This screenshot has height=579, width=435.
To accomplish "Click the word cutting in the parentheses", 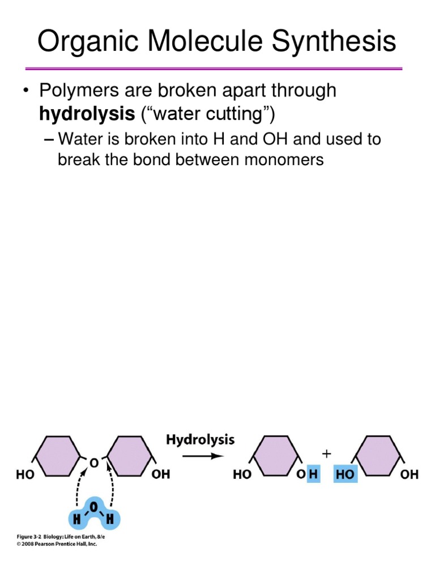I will click(240, 115).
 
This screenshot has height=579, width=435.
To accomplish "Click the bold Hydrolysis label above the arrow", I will click(200, 440).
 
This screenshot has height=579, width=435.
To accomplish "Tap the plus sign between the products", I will click(326, 453).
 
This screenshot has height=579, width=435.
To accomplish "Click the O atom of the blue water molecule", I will click(95, 506).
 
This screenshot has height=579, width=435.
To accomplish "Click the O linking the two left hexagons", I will click(94, 463).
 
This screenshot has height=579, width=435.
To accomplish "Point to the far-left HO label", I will click(25, 476).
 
